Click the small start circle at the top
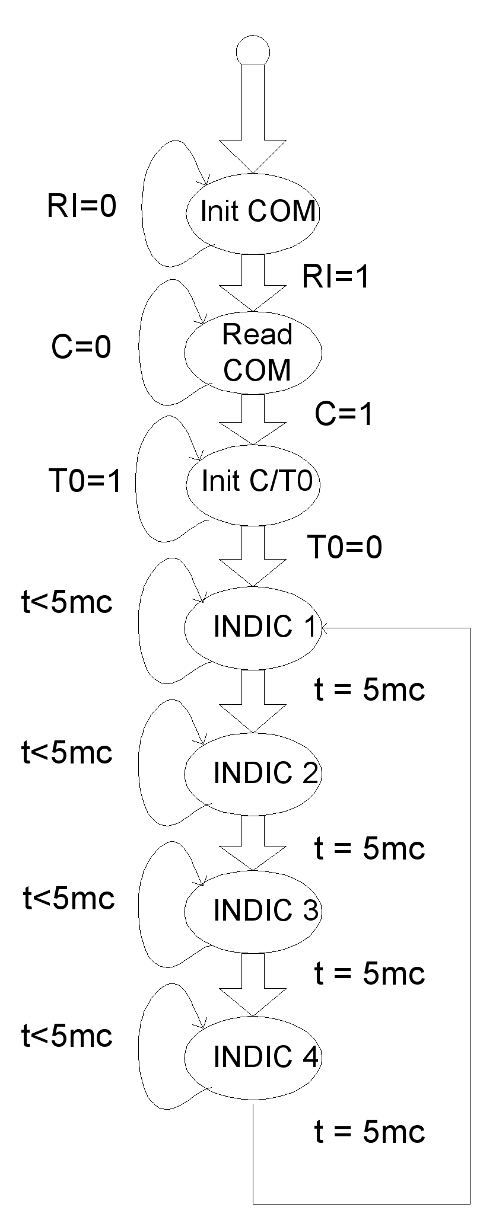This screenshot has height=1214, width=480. pos(253,50)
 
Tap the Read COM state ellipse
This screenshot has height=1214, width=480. pos(253,352)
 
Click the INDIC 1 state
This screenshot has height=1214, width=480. pos(253,627)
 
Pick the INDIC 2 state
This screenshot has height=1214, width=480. pos(253,773)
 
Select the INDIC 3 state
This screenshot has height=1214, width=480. pos(253,911)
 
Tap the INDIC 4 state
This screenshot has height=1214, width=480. pos(253,1057)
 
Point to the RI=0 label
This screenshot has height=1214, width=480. pos(82,207)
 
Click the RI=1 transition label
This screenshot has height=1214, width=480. pos(336,277)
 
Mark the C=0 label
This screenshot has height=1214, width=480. pos(81,347)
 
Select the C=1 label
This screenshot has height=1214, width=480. pos(344,414)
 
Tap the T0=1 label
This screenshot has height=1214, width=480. pos(85,481)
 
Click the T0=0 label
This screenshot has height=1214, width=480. pos(345,547)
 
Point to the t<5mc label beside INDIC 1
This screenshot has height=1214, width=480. pos(67,603)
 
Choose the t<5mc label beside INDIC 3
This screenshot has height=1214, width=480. pos(69,899)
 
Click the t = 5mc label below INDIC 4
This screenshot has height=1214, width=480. pos(370,1132)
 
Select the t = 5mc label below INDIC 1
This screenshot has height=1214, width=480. pos(370,690)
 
